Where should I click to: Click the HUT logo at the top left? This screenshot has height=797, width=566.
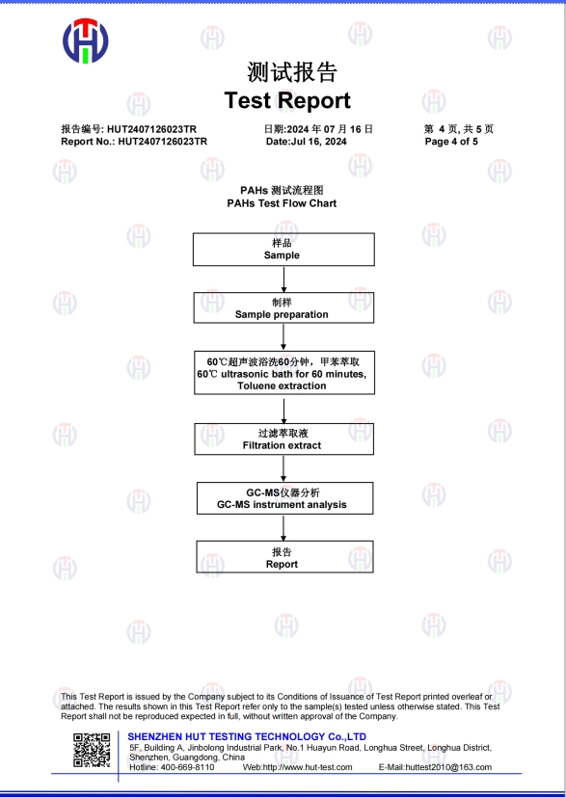click(x=86, y=40)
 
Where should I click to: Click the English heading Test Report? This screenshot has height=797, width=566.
click(x=287, y=100)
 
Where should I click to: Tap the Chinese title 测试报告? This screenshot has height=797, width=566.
click(x=292, y=71)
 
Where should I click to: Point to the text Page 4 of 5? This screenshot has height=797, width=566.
click(x=451, y=142)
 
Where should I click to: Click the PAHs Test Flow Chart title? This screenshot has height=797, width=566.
click(x=282, y=203)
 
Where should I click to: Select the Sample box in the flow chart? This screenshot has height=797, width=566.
click(x=283, y=250)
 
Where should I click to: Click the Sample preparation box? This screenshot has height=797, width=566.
click(x=283, y=307)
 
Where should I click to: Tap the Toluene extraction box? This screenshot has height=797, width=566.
click(x=284, y=373)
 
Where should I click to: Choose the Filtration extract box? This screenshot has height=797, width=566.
click(x=283, y=439)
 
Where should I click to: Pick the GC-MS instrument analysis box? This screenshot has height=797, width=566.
click(x=284, y=498)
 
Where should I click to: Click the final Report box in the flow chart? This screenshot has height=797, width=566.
click(x=284, y=557)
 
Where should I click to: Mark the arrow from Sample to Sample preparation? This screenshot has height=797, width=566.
click(x=283, y=279)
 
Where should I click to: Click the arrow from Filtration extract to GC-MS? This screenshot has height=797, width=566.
click(x=283, y=468)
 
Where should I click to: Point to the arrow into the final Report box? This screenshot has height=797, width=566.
click(x=283, y=527)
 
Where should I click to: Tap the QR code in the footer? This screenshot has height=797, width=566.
click(x=92, y=750)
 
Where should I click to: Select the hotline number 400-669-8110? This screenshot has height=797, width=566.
click(x=188, y=767)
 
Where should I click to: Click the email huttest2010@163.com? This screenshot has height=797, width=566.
click(x=448, y=767)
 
